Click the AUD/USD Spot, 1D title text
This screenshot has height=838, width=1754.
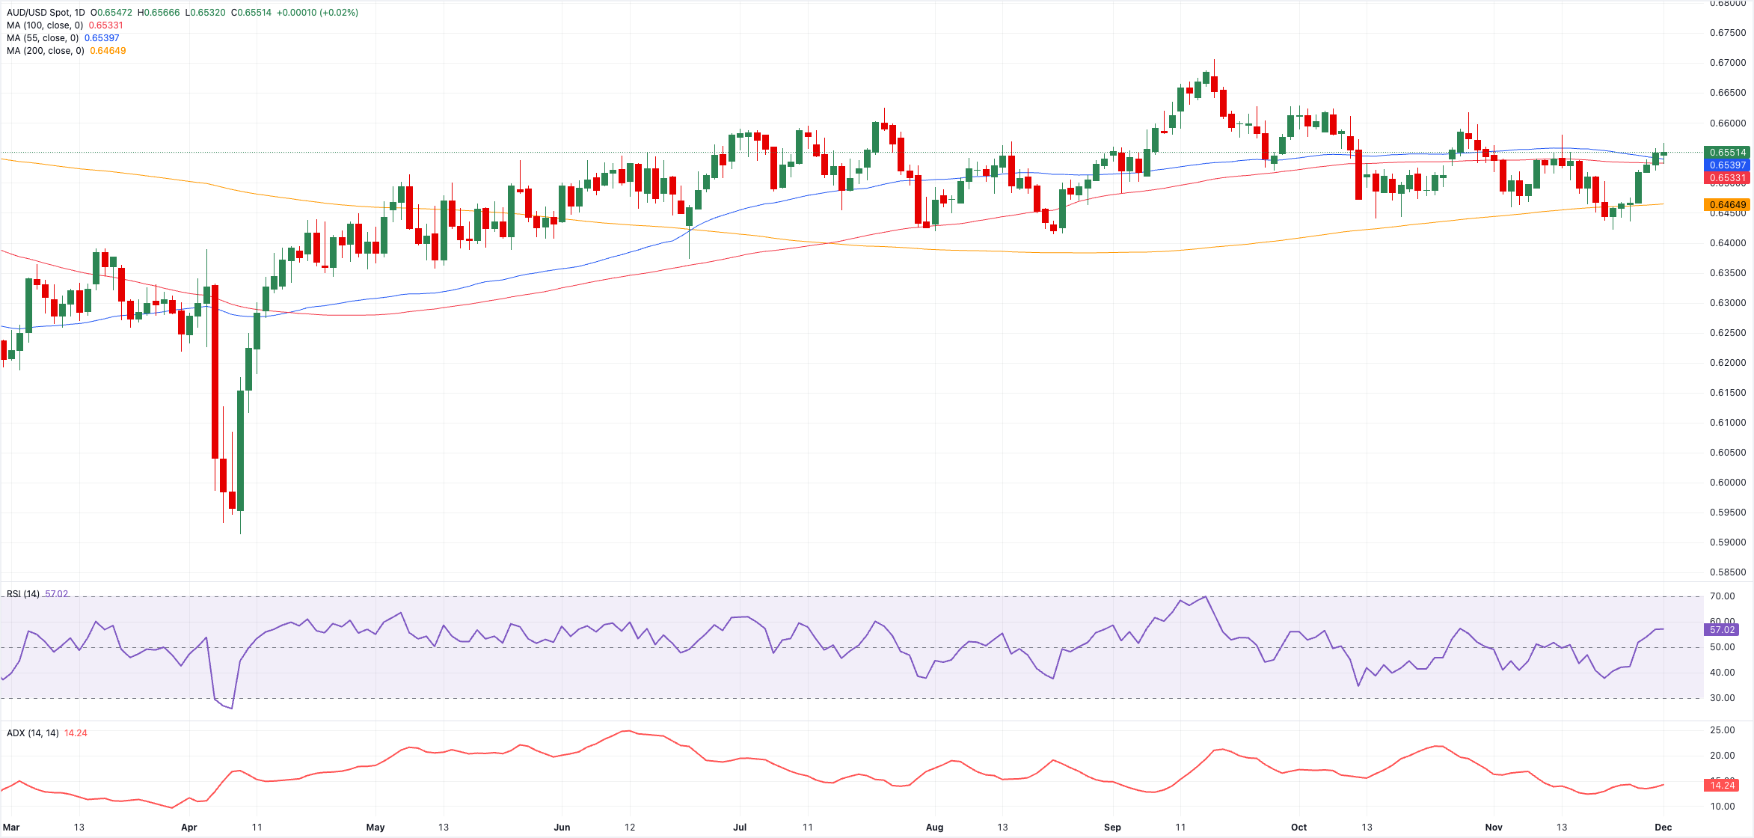tap(46, 13)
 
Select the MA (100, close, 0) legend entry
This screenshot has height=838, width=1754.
tap(45, 25)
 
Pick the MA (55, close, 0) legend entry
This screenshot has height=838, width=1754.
tap(43, 38)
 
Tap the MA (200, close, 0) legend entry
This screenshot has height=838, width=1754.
tap(45, 51)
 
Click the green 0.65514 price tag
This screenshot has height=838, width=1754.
tap(1727, 153)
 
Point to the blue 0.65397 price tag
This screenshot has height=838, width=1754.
tap(1727, 165)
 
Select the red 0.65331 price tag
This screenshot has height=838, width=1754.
tap(1727, 178)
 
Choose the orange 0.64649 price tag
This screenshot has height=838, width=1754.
tap(1727, 205)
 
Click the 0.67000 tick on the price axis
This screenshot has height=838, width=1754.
tap(1727, 63)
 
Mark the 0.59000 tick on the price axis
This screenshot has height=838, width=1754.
tap(1727, 542)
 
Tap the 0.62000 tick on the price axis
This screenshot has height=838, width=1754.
tap(1727, 363)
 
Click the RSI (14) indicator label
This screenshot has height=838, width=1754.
tap(23, 594)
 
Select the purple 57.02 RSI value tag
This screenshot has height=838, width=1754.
tap(1722, 630)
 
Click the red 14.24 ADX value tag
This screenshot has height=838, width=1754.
tap(1722, 785)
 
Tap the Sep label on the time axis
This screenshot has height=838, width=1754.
tap(1112, 827)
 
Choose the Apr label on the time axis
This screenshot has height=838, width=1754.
tap(189, 827)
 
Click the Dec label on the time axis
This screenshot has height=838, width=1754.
tap(1663, 827)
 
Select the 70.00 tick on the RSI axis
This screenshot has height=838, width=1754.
tap(1722, 596)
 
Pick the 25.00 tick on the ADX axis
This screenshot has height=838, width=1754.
tap(1722, 730)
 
